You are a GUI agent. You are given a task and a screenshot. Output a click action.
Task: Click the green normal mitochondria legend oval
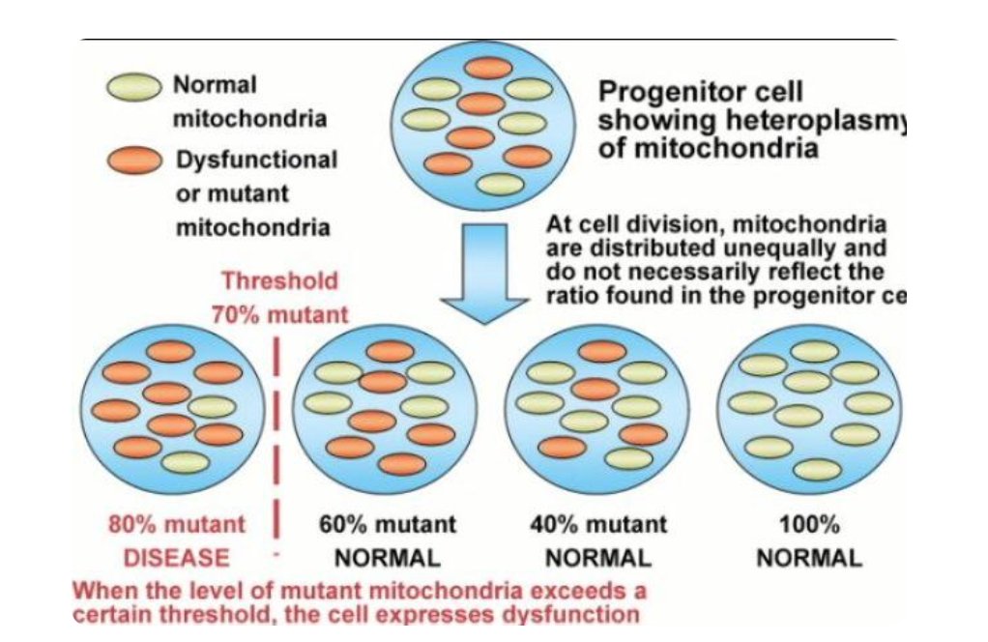click(133, 88)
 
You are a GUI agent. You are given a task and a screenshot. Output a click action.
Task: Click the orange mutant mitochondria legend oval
click(133, 160)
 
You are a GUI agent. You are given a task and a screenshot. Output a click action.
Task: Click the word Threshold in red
click(280, 281)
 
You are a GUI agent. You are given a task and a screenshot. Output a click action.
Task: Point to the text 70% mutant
click(280, 315)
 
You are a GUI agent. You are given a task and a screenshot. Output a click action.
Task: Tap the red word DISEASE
click(177, 558)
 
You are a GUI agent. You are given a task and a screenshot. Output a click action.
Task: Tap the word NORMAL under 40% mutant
click(598, 558)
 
